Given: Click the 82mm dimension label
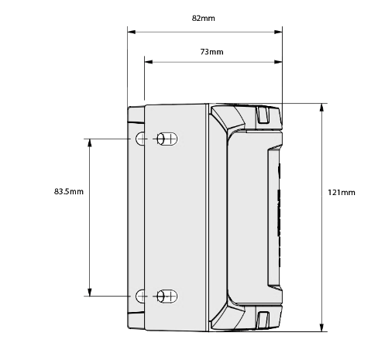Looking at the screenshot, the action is click(x=203, y=19).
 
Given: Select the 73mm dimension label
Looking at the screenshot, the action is click(x=211, y=52).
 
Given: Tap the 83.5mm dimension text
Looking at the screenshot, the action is click(x=69, y=191).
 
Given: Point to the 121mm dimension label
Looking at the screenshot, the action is click(x=342, y=192).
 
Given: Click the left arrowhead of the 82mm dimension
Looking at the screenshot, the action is click(x=132, y=32).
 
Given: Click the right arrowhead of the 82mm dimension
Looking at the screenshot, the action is click(x=278, y=32).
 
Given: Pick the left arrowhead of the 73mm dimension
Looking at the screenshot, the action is click(x=149, y=62).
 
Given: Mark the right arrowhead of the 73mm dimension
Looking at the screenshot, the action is click(x=278, y=62).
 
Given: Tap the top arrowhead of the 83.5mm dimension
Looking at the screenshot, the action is click(x=90, y=143).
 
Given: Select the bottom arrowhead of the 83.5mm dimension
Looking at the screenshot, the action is click(x=90, y=292).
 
